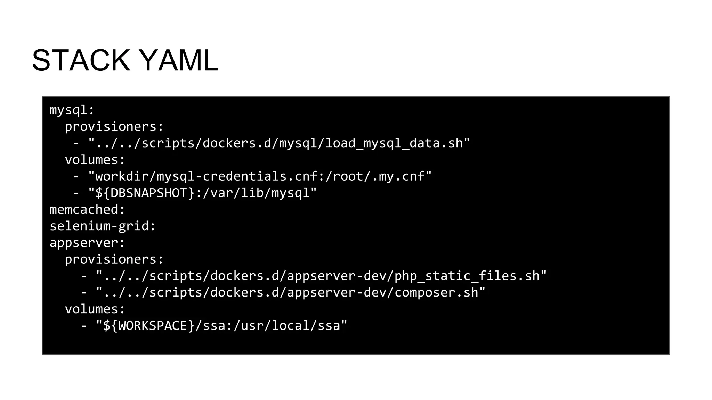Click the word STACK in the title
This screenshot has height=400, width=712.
[x=81, y=61]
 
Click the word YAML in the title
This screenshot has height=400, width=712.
[x=180, y=61]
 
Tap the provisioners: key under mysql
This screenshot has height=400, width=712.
[x=114, y=126]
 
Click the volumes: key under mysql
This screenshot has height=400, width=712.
[x=95, y=160]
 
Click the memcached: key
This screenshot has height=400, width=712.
[x=87, y=209]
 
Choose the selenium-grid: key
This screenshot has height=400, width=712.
[x=103, y=226]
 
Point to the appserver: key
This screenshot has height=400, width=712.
[x=87, y=243]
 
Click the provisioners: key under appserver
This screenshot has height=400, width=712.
[x=114, y=259]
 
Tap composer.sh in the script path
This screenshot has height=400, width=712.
[x=436, y=293]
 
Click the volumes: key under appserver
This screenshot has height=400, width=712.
[x=95, y=309]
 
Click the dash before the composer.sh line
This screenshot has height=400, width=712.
[x=84, y=293]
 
